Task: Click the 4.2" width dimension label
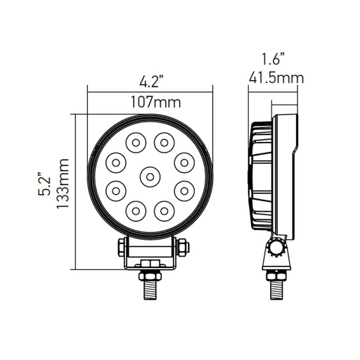pos(150,82)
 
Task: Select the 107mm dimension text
pos(155,102)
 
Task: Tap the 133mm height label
pos(63,184)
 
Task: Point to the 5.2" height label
pos(44,184)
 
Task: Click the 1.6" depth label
pos(273,59)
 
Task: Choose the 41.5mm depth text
pos(276,78)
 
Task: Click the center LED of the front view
pos(150,177)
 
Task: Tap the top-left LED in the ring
pos(136,143)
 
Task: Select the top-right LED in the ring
pos(165,143)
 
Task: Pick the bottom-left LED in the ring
pos(136,211)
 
